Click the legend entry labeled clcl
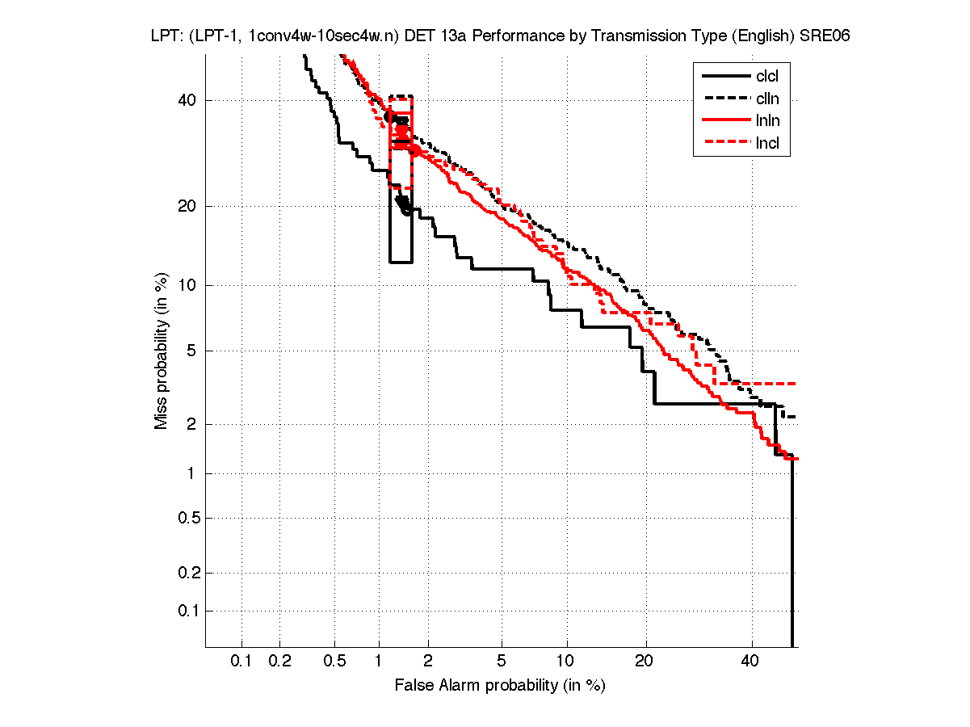767,77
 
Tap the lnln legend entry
767,121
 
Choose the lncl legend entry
767,144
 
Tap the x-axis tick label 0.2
279,662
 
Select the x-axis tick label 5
502,662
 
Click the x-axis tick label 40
751,662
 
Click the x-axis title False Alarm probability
500,685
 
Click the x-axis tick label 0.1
241,662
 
